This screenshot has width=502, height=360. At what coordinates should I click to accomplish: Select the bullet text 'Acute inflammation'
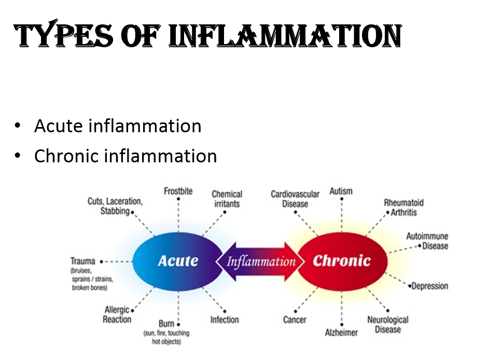(x=118, y=126)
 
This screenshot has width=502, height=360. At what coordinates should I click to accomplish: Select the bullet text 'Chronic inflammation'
(x=125, y=156)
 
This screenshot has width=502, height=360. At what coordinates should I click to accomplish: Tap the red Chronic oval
(x=342, y=261)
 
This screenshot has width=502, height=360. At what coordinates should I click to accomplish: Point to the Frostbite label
(x=178, y=191)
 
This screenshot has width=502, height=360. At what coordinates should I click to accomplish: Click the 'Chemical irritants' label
(x=227, y=199)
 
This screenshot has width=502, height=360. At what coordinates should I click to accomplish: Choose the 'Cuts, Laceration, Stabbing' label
(x=115, y=206)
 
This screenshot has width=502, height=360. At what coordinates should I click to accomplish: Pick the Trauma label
(x=83, y=261)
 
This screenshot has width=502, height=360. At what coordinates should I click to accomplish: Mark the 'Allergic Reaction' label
(x=117, y=314)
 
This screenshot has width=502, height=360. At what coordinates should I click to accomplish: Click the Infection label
(x=225, y=320)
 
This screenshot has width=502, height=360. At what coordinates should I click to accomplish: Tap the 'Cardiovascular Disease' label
(x=295, y=199)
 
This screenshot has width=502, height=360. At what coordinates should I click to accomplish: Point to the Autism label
(x=341, y=191)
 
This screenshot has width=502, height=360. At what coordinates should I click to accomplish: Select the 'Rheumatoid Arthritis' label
(x=403, y=207)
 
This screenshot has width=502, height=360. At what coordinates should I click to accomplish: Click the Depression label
(x=430, y=286)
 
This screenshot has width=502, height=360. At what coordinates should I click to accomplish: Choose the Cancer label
(x=295, y=320)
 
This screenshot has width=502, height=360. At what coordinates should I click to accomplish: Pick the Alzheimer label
(x=341, y=332)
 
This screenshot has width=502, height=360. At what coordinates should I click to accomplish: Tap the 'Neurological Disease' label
(x=388, y=324)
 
